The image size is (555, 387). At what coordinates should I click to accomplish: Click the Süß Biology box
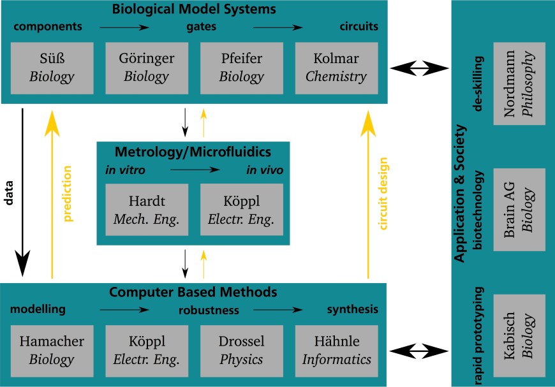52,68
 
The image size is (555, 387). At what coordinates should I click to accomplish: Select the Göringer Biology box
146,68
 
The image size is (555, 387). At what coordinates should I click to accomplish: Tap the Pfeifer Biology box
241,68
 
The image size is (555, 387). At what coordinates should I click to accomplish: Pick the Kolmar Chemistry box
336,68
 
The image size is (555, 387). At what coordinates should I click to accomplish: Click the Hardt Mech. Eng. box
147,210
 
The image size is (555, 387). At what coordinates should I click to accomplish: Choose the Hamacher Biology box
52,350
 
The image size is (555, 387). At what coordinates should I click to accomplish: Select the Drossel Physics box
241,350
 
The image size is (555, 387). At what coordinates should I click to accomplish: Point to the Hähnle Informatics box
336,350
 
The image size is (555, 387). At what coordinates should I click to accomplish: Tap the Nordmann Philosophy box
519,84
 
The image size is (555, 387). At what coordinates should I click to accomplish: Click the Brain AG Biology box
519,209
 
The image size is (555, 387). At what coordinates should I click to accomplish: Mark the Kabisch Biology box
519,335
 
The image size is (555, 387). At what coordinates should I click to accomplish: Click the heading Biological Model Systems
194,10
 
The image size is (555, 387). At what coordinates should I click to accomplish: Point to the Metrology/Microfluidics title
193,152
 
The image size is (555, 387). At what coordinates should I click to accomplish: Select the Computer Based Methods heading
193,293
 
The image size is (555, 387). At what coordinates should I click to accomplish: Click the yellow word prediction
68,194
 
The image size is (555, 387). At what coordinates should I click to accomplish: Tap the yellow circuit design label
383,194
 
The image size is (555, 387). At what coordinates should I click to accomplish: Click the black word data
9,194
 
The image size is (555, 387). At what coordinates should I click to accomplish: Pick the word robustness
209,310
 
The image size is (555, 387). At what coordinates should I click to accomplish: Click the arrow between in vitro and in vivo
195,170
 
